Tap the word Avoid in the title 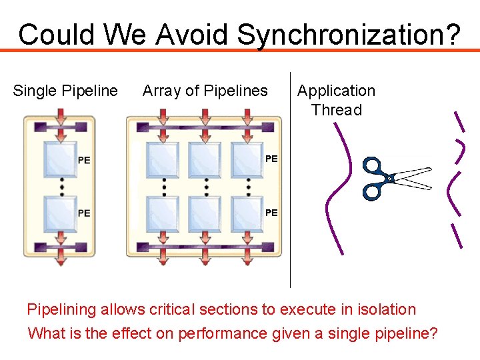coord(193,34)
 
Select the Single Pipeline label coord(65,91)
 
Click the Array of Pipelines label coord(205,91)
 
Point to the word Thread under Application coord(337,110)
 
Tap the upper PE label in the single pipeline coord(84,160)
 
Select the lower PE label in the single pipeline coord(84,213)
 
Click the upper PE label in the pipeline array coord(271,159)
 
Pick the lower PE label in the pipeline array coord(271,213)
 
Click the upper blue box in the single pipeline coord(59,159)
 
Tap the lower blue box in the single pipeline coord(59,213)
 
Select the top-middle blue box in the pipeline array coord(206,159)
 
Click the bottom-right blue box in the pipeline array coord(247,213)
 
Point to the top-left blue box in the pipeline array coord(163,159)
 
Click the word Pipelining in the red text coord(61,309)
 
